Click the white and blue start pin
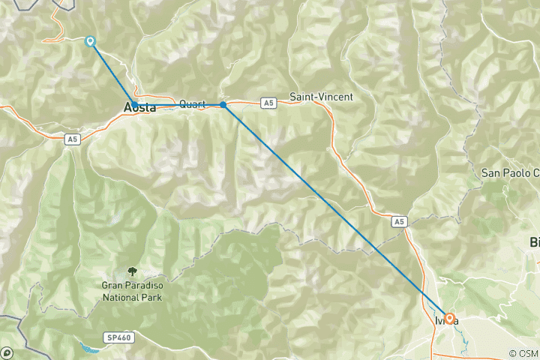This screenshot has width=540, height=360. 91,41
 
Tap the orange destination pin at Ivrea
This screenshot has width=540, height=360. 448,318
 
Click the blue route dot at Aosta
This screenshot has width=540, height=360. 134,104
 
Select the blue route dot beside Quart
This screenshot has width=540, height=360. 223,105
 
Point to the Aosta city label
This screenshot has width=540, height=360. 139,109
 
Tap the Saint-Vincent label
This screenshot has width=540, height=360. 321,97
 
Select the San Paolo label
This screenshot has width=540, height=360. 510,172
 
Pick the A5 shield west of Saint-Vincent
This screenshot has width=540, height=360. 268,102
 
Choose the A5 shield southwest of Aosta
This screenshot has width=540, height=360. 71,139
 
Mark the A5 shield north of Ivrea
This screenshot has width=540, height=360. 399,222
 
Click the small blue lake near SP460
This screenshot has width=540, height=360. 88,347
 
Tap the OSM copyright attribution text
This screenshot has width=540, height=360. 523,353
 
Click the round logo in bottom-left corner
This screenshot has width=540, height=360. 7,352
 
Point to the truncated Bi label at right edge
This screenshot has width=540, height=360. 534,242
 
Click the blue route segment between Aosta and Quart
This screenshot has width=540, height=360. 178,105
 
